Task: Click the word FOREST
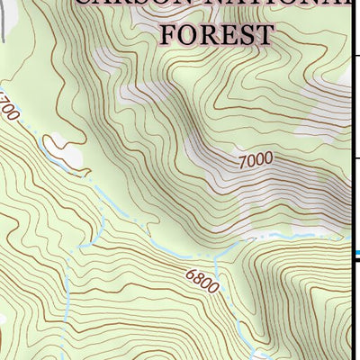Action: coord(216,34)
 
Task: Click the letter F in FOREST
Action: coord(167,34)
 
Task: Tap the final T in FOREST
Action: coord(265,34)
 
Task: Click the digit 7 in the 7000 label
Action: coord(242,166)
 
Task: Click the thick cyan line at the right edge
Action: coord(355,254)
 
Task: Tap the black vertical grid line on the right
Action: coord(350,135)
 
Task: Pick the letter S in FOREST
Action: coord(245,34)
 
